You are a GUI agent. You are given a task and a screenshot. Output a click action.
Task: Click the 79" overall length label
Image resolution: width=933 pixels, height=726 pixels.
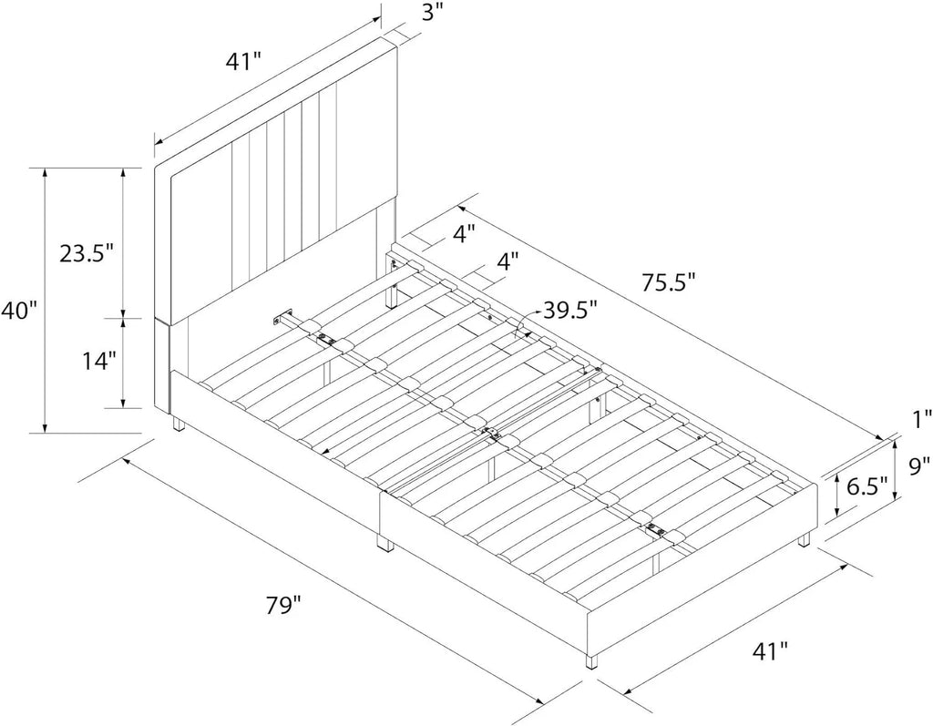pos(283,607)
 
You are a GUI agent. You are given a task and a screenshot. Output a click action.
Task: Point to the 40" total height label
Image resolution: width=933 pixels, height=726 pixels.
pos(18,310)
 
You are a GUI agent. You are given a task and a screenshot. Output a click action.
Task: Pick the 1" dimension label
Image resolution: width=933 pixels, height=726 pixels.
pos(922,421)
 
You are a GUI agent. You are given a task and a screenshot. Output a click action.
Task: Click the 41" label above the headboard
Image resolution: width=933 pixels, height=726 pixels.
pos(242,61)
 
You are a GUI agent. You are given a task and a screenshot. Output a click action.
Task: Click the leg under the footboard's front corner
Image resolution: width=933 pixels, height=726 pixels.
pos(591,662)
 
